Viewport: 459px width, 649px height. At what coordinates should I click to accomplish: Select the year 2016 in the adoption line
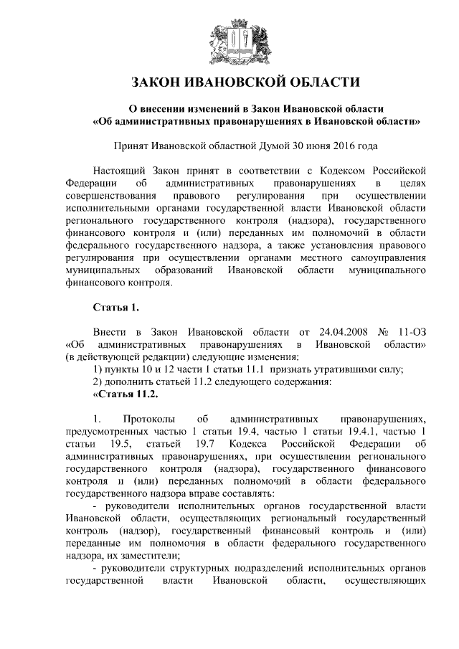tap(341, 146)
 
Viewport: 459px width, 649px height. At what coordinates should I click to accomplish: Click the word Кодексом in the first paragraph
tap(355, 171)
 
